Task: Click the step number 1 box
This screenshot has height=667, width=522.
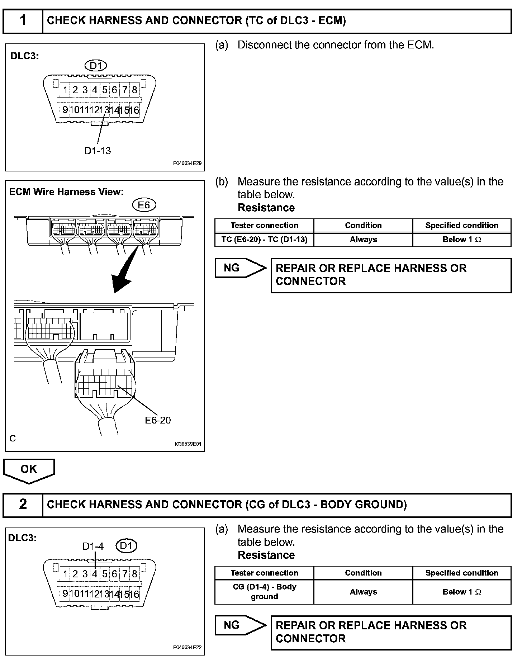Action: [x=23, y=21]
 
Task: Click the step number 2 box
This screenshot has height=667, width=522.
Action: [x=23, y=505]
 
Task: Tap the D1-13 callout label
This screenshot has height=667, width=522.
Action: [x=98, y=151]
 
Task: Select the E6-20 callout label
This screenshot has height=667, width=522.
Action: [x=158, y=420]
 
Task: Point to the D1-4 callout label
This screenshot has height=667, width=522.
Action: [x=93, y=546]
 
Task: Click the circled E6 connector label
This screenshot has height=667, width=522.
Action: [x=144, y=205]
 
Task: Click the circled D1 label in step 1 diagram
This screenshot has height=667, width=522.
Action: [x=96, y=66]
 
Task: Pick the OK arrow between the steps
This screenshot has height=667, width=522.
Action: [x=29, y=470]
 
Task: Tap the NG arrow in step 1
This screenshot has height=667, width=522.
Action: [x=240, y=268]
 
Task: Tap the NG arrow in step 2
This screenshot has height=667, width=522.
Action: [x=240, y=625]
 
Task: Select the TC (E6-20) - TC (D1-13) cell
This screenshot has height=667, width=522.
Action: [x=264, y=240]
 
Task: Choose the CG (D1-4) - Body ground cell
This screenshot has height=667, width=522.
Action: [x=264, y=592]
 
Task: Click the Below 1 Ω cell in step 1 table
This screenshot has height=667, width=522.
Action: [x=462, y=240]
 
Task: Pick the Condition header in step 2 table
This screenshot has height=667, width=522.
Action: [x=363, y=573]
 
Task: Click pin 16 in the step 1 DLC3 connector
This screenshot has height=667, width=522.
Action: [x=134, y=110]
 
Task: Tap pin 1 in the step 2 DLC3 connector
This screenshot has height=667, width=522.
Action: [x=65, y=574]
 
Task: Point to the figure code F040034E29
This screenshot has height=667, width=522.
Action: [x=187, y=163]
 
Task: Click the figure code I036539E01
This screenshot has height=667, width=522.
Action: [x=188, y=444]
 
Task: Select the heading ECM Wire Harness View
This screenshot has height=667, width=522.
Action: [x=66, y=192]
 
